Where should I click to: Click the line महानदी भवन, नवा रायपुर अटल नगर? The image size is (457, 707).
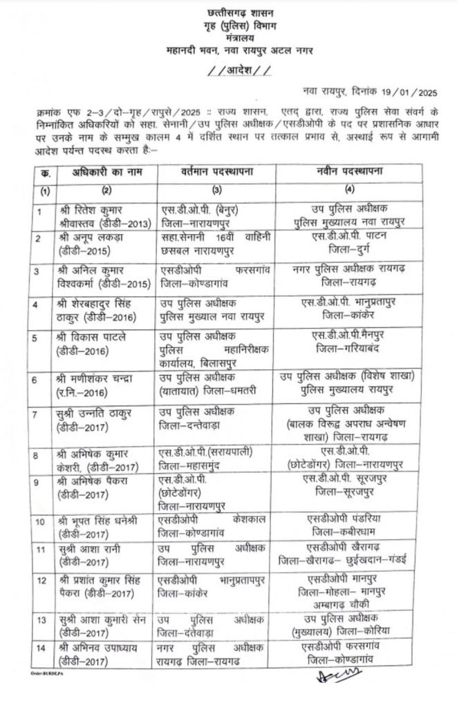(x=228, y=50)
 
